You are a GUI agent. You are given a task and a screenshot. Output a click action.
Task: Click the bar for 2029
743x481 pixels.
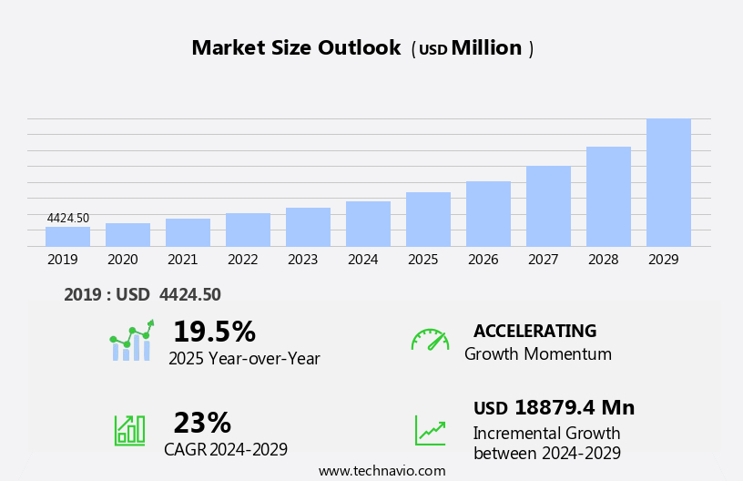668,182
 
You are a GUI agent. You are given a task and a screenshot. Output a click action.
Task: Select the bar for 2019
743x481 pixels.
67,237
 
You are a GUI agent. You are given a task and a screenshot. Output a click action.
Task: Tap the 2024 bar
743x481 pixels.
368,224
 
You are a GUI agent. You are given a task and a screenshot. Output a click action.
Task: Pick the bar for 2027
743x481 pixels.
548,206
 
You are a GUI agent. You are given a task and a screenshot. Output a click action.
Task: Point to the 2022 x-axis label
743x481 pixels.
242,260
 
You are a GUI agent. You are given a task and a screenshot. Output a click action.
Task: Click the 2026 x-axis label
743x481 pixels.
483,260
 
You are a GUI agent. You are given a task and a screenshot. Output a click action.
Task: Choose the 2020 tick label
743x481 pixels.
122,260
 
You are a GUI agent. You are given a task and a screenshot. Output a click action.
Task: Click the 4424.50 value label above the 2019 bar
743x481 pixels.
68,219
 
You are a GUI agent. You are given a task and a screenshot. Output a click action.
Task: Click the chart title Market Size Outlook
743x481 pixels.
296,48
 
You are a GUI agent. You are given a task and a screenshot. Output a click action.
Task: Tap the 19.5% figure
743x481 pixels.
214,332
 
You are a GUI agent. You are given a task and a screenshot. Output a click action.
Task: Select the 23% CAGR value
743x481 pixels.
202,423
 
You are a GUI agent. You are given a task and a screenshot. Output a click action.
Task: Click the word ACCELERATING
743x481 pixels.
534,332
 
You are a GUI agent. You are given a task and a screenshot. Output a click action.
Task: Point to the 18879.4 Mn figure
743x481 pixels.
574,408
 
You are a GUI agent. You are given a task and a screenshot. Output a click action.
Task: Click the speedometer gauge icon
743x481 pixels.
430,340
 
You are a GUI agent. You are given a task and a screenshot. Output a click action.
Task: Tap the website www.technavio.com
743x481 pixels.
382,471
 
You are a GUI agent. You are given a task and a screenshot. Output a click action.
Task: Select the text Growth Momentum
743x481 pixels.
537,354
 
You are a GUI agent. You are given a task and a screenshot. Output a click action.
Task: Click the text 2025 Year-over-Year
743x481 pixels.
244,359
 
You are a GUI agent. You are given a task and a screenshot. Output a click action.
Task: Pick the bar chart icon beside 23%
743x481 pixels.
129,430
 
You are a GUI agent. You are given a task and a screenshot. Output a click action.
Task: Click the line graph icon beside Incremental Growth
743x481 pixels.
430,430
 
